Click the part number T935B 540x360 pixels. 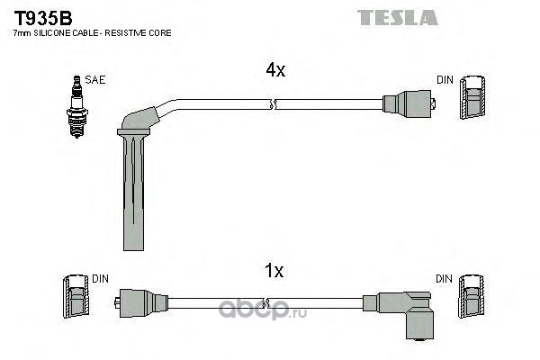click(42, 18)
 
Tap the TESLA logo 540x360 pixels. click(398, 18)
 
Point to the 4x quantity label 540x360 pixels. click(275, 70)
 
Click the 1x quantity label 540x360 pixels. click(274, 271)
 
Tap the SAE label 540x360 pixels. click(95, 80)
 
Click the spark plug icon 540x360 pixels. click(77, 107)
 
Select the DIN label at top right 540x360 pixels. click(445, 80)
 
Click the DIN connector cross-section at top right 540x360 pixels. click(473, 97)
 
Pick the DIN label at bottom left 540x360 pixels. click(100, 279)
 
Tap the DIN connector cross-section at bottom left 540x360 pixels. click(76, 296)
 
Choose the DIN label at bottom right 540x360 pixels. click(444, 279)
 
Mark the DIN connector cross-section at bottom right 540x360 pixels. click(471, 296)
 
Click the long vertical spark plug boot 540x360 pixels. click(133, 190)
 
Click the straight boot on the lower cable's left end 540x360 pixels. click(141, 302)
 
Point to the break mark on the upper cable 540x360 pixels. click(274, 104)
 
